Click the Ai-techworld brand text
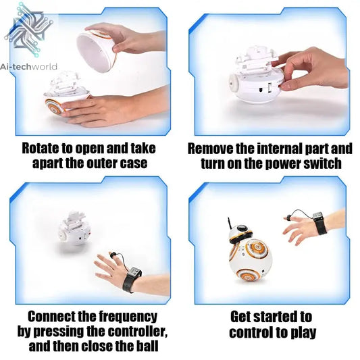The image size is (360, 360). (x=28, y=67)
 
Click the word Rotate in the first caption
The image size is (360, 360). (x=41, y=148)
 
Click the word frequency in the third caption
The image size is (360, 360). (x=128, y=317)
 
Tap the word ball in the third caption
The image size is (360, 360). (x=147, y=346)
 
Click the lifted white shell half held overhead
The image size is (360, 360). (x=97, y=51)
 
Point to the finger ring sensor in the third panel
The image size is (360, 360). (x=113, y=255)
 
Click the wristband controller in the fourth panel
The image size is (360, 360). (x=319, y=223)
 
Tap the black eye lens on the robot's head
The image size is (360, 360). (x=242, y=228)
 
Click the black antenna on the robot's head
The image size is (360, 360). (x=229, y=224)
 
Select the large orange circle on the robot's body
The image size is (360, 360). (x=257, y=249)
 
